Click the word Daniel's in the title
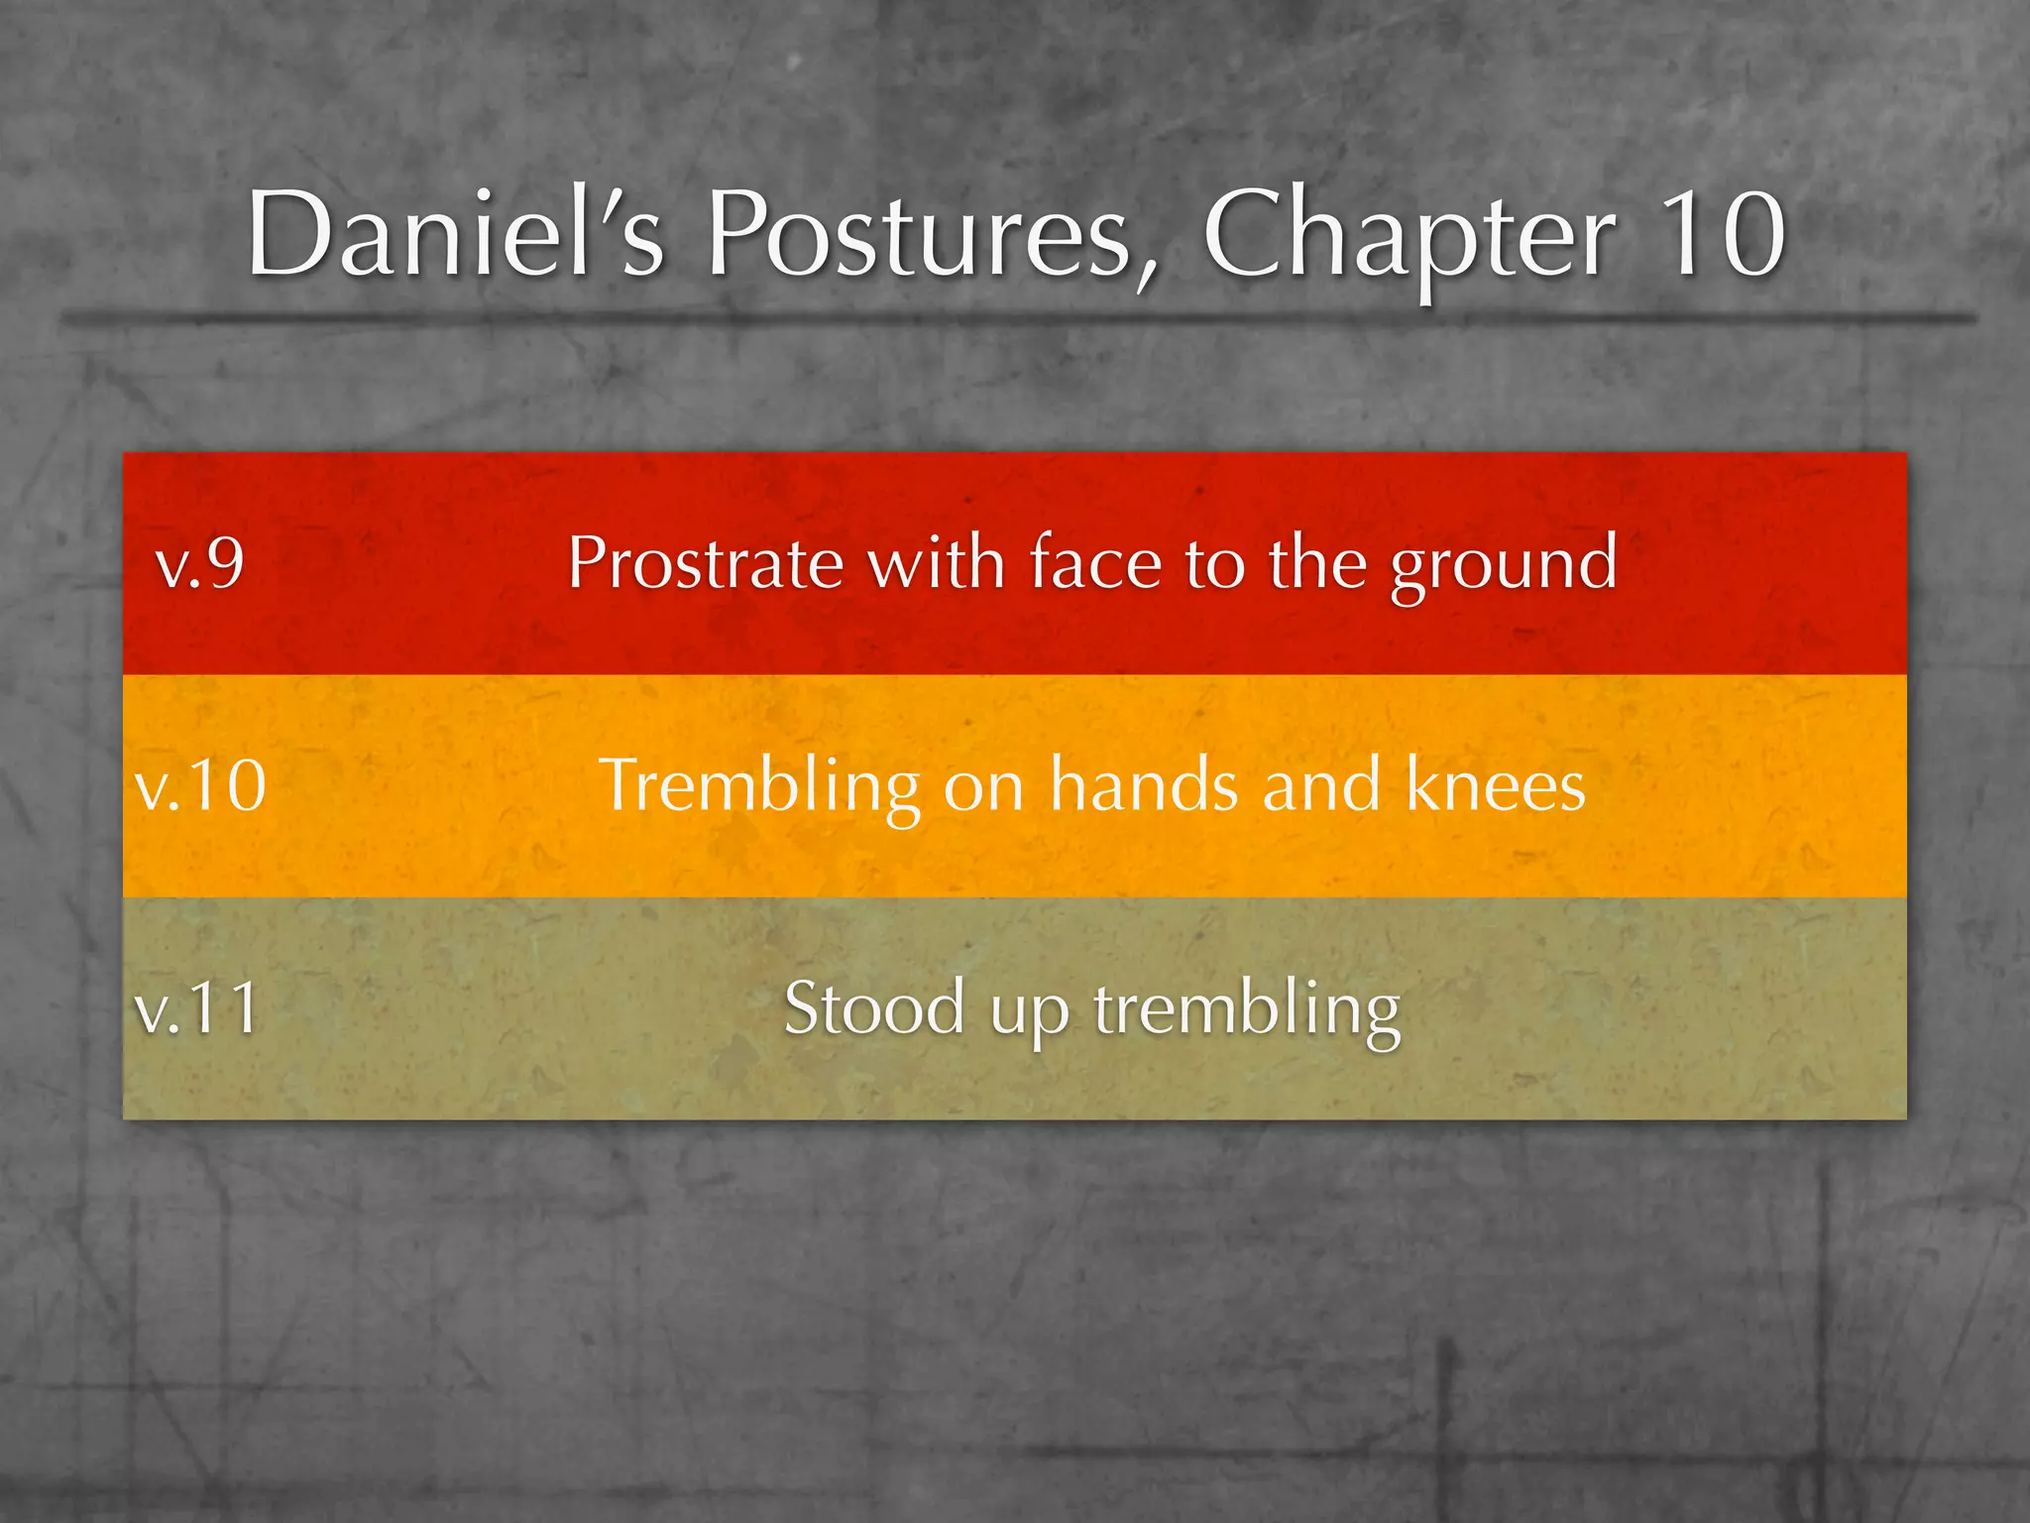pos(455,235)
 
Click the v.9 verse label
pos(200,563)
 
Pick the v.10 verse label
pos(201,785)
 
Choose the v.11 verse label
pos(198,1007)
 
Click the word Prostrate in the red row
pos(705,563)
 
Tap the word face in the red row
pos(1095,563)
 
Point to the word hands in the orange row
pos(1145,785)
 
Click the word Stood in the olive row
pos(874,1007)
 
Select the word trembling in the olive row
pos(1247,1009)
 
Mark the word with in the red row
pos(937,563)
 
